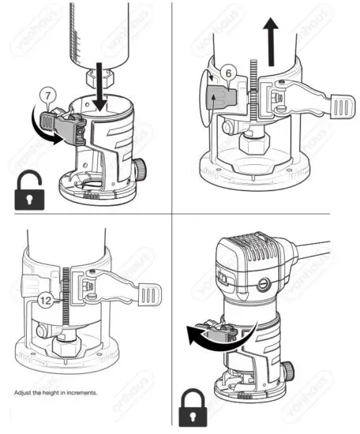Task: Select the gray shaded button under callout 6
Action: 223,99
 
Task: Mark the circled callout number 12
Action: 47,299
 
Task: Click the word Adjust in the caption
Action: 24,392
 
